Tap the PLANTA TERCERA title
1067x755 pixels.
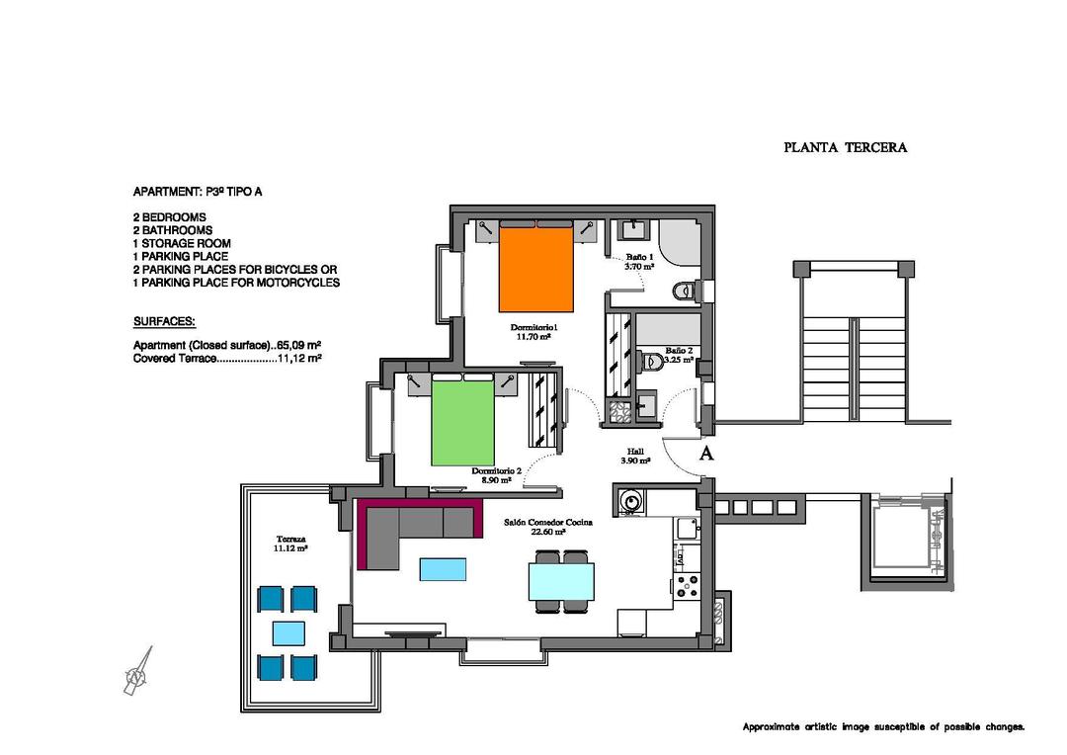(845, 148)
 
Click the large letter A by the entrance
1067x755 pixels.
(706, 454)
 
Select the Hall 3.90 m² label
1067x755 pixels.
(634, 456)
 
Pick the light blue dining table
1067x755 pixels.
(562, 581)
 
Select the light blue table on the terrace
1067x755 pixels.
(287, 632)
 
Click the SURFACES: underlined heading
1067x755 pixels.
(164, 322)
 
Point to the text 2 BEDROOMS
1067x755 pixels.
(169, 217)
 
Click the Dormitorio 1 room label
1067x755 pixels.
(534, 331)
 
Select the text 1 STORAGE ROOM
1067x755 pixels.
(182, 243)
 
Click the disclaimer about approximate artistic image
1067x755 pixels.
(883, 726)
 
